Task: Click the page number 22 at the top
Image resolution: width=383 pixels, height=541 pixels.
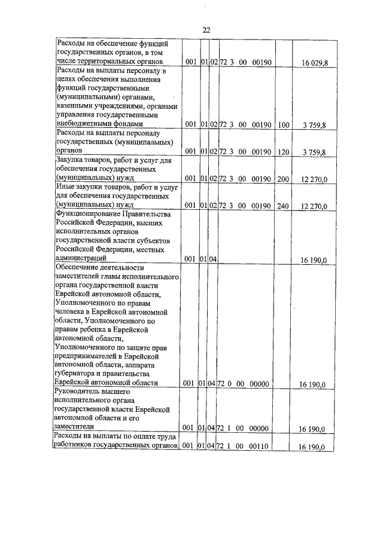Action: point(206,30)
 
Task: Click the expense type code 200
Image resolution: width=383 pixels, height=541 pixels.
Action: point(283,179)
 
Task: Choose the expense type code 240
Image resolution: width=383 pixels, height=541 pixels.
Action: point(283,206)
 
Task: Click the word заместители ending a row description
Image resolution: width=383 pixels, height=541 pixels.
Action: point(74,427)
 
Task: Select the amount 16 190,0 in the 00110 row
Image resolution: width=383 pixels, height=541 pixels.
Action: point(312,447)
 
